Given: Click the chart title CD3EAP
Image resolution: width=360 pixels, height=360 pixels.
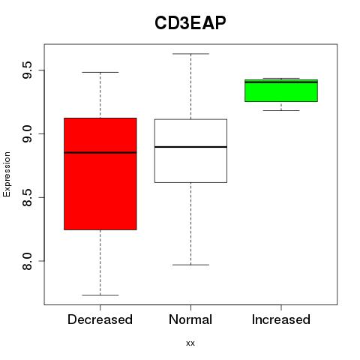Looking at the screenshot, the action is pyautogui.click(x=190, y=23).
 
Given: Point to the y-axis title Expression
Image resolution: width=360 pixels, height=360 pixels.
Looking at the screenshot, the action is pyautogui.click(x=7, y=174).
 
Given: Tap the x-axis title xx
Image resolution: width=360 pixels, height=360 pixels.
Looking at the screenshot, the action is pyautogui.click(x=190, y=343).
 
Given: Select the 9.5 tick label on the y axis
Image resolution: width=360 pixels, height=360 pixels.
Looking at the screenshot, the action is pyautogui.click(x=27, y=70).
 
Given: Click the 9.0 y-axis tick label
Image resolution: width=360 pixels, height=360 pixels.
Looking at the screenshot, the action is pyautogui.click(x=27, y=133).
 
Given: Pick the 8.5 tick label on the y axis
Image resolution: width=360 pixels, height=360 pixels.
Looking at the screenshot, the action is pyautogui.click(x=27, y=197).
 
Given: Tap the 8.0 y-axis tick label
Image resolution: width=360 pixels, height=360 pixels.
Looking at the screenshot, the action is pyautogui.click(x=27, y=261).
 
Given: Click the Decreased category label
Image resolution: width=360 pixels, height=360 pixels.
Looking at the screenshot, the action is pyautogui.click(x=100, y=319).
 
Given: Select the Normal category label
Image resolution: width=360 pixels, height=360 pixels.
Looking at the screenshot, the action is pyautogui.click(x=190, y=319).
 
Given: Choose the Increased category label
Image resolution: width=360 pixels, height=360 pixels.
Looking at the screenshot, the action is pyautogui.click(x=281, y=319).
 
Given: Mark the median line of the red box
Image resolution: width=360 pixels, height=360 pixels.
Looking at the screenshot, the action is pyautogui.click(x=100, y=152).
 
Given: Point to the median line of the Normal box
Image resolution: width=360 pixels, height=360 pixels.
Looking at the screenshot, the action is pyautogui.click(x=190, y=147).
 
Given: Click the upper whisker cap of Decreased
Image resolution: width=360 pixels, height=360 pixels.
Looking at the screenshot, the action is pyautogui.click(x=100, y=72).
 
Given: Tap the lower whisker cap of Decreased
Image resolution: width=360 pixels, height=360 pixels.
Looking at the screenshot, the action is pyautogui.click(x=100, y=295).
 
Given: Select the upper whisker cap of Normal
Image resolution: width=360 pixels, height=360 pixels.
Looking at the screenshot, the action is pyautogui.click(x=190, y=54).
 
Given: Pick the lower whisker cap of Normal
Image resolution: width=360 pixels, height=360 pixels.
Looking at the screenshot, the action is pyautogui.click(x=190, y=265).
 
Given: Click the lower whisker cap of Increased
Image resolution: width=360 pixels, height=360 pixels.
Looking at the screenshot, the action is pyautogui.click(x=281, y=110).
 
